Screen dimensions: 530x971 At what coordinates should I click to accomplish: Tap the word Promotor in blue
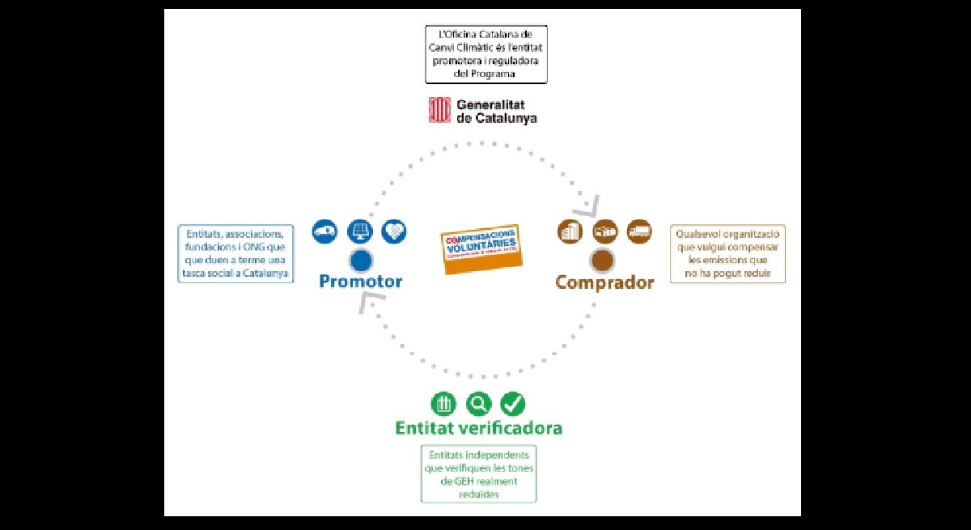pyautogui.click(x=360, y=282)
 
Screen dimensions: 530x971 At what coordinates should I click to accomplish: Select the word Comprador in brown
pyautogui.click(x=604, y=282)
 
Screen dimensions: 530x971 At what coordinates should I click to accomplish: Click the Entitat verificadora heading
pyautogui.click(x=478, y=427)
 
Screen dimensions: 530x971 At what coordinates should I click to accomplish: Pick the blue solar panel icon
pyautogui.click(x=359, y=231)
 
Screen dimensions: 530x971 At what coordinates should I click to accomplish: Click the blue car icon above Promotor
pyautogui.click(x=325, y=231)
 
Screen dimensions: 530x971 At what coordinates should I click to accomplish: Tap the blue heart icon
pyautogui.click(x=394, y=231)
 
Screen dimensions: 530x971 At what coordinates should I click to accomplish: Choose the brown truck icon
pyautogui.click(x=639, y=231)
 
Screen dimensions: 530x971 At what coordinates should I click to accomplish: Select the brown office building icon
pyautogui.click(x=570, y=231)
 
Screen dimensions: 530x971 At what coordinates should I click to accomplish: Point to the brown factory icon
pyautogui.click(x=604, y=231)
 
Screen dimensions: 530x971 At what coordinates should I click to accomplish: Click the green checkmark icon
pyautogui.click(x=513, y=403)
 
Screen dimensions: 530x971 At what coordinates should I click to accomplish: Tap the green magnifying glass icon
pyautogui.click(x=478, y=403)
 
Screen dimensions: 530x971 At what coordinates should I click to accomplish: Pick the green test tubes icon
pyautogui.click(x=443, y=403)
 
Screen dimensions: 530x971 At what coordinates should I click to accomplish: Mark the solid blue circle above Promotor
pyautogui.click(x=361, y=261)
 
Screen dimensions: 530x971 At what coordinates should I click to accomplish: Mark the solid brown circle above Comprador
pyautogui.click(x=602, y=261)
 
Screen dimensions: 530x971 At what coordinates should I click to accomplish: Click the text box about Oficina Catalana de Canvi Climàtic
pyautogui.click(x=486, y=54)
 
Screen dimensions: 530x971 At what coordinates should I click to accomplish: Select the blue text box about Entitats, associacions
pyautogui.click(x=235, y=254)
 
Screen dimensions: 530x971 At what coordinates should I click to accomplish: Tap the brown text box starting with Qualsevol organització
pyautogui.click(x=728, y=254)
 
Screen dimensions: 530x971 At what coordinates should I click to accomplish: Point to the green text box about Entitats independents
pyautogui.click(x=478, y=474)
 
